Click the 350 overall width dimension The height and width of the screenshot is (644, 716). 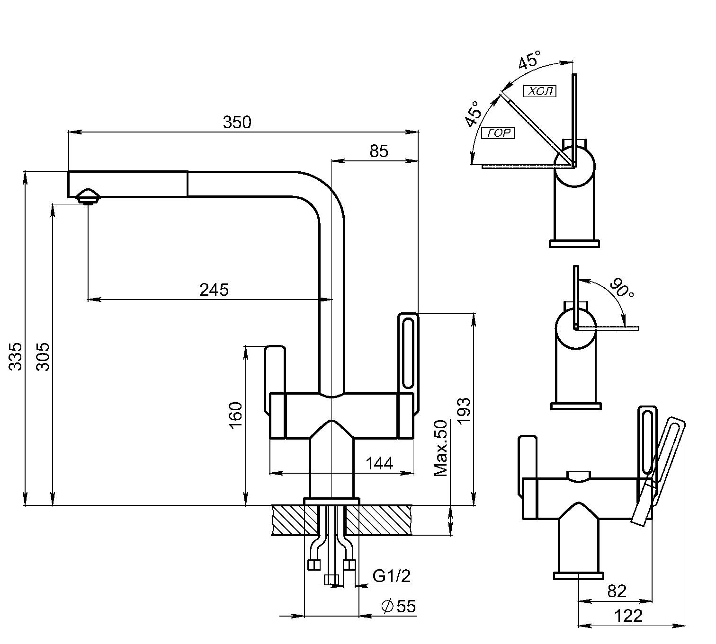pyautogui.click(x=237, y=122)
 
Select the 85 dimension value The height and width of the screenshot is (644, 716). pyautogui.click(x=378, y=151)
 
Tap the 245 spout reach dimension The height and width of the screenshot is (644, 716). pyautogui.click(x=214, y=289)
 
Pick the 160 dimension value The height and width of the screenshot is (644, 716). pyautogui.click(x=235, y=415)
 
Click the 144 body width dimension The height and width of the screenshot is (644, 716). pyautogui.click(x=379, y=463)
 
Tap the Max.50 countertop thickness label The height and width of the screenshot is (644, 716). pyautogui.click(x=441, y=448)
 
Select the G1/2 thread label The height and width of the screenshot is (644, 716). pyautogui.click(x=391, y=576)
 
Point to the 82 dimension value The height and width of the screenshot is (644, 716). pyautogui.click(x=617, y=591)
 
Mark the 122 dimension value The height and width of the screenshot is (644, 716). pyautogui.click(x=628, y=616)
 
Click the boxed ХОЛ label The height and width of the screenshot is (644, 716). pyautogui.click(x=539, y=91)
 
